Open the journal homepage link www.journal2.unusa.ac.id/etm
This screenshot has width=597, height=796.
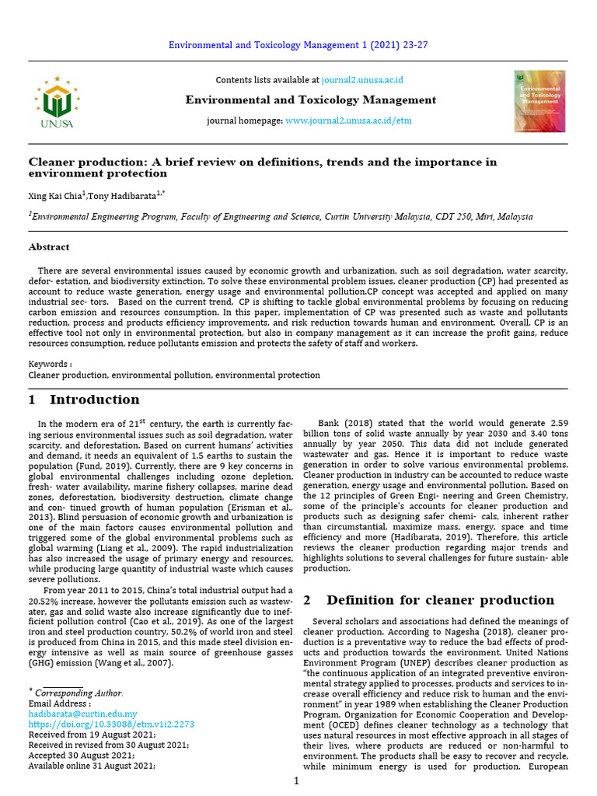click(x=349, y=121)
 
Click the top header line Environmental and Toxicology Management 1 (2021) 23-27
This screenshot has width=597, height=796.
click(x=298, y=45)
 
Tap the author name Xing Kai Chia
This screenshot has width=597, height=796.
click(x=55, y=196)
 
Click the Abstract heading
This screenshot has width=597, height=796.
click(x=49, y=247)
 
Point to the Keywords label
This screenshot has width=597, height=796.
click(x=50, y=364)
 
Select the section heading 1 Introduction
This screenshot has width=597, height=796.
click(x=84, y=400)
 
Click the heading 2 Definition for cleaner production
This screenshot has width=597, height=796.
click(x=428, y=600)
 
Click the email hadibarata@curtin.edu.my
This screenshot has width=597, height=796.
click(x=82, y=713)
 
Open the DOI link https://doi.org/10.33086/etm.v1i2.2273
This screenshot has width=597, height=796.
click(x=111, y=724)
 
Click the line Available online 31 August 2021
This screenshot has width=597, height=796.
click(x=92, y=765)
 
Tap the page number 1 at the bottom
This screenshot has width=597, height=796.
click(x=296, y=780)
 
